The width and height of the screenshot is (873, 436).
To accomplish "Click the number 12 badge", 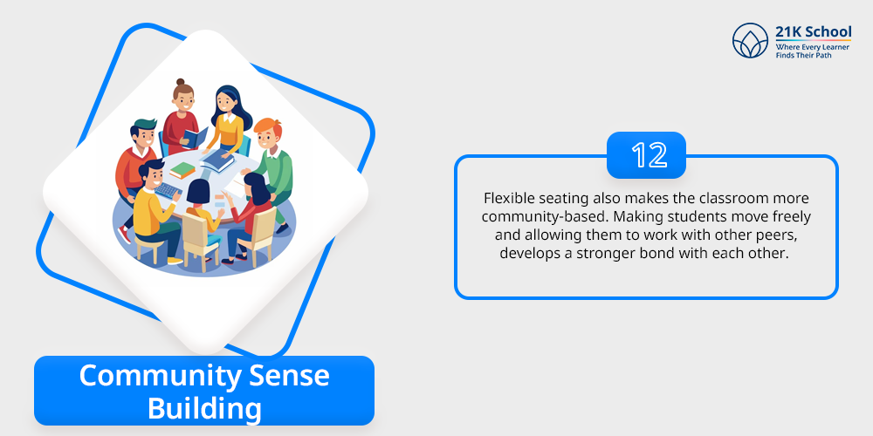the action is [x=646, y=155].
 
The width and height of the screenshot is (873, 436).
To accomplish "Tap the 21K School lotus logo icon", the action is [x=750, y=41].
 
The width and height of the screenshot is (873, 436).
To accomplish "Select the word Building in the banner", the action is [x=204, y=409].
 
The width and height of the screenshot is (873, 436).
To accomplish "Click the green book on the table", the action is [x=182, y=170].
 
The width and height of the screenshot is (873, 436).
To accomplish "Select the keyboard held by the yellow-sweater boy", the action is [x=167, y=191].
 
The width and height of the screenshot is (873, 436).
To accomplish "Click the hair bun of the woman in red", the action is [x=180, y=82].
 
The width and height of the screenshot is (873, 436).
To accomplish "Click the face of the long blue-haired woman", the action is [x=225, y=103].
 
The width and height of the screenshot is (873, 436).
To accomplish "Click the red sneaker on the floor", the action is [x=125, y=234].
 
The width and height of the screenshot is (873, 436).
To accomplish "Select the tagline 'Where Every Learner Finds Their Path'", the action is [x=812, y=51].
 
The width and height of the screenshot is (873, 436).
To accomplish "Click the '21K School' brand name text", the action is [x=813, y=31].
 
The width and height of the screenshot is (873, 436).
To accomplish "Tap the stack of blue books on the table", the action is [x=217, y=160].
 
